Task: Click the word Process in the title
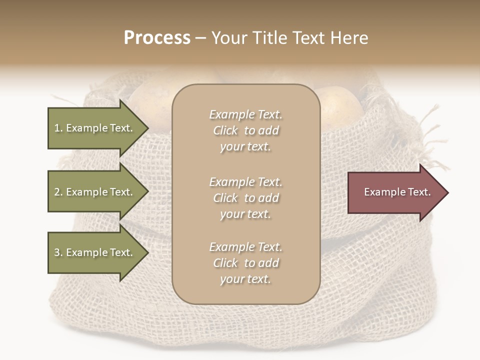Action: pyautogui.click(x=157, y=38)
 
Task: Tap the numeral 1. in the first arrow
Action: pyautogui.click(x=58, y=128)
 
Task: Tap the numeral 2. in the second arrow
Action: pyautogui.click(x=58, y=192)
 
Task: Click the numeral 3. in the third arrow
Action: pyautogui.click(x=58, y=252)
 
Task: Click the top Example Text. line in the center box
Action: pyautogui.click(x=245, y=115)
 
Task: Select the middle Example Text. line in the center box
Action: pyautogui.click(x=245, y=182)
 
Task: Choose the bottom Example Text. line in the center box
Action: pyautogui.click(x=245, y=247)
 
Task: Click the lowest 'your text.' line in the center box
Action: pyautogui.click(x=245, y=279)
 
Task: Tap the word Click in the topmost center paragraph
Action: pyautogui.click(x=225, y=131)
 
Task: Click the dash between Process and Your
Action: pyautogui.click(x=200, y=38)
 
